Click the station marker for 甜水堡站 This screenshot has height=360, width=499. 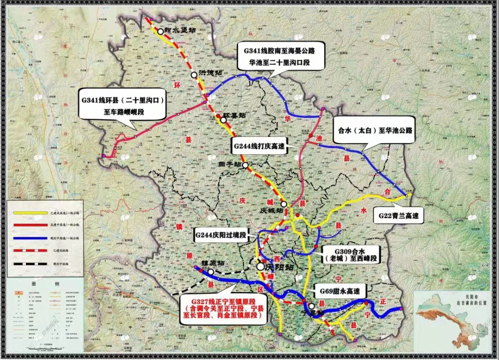160,31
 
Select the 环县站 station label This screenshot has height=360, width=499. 234,115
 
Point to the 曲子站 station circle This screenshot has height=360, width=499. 246,165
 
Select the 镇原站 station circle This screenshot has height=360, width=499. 211,272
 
